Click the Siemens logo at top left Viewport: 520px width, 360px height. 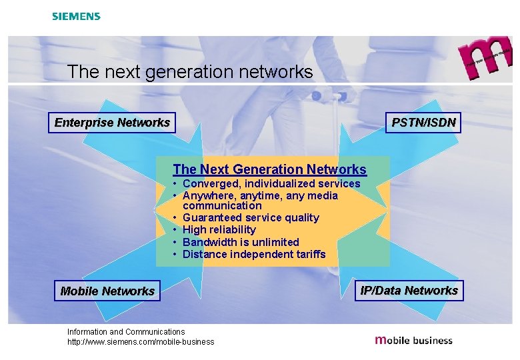pyautogui.click(x=76, y=16)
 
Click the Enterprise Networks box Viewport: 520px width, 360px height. pyautogui.click(x=112, y=123)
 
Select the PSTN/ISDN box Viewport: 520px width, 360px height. pyautogui.click(x=423, y=123)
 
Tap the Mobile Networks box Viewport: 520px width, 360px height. pyautogui.click(x=107, y=291)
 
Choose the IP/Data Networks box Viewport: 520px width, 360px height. pyautogui.click(x=409, y=291)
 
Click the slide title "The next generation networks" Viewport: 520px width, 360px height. pyautogui.click(x=190, y=72)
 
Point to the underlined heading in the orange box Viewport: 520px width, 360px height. pyautogui.click(x=269, y=170)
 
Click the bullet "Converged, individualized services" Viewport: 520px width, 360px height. pyautogui.click(x=271, y=184)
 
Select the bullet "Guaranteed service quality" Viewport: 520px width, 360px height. pyautogui.click(x=251, y=218)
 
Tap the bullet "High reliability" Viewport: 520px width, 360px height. pyautogui.click(x=219, y=230)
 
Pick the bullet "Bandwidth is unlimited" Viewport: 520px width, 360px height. pyautogui.click(x=241, y=242)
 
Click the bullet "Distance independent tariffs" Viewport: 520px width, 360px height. pyautogui.click(x=254, y=254)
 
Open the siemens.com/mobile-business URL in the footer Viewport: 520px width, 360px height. pyautogui.click(x=141, y=342)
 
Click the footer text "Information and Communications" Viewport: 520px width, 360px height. pyautogui.click(x=126, y=331)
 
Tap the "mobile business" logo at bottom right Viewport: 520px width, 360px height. pyautogui.click(x=414, y=340)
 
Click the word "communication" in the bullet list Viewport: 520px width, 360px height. pyautogui.click(x=222, y=206)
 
